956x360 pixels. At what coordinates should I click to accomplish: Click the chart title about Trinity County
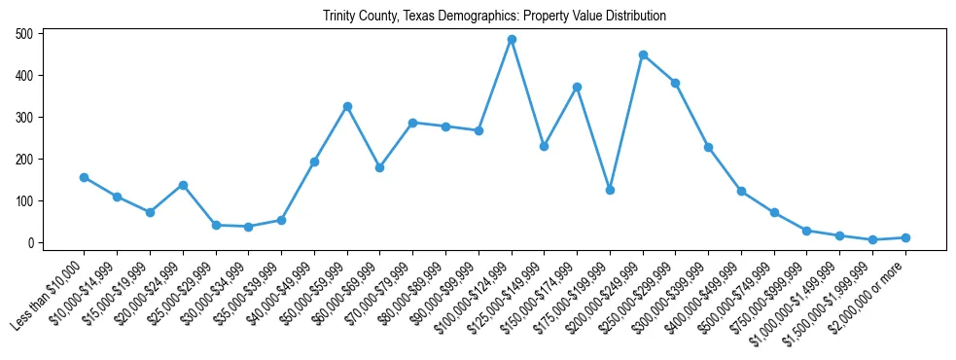[495, 17]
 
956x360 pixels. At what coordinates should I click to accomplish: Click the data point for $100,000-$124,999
[512, 40]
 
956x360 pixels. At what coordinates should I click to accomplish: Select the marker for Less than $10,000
[84, 177]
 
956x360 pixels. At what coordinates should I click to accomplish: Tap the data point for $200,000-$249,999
[643, 54]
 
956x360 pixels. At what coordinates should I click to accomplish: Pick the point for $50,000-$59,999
[347, 106]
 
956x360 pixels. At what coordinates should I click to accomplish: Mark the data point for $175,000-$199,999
[610, 190]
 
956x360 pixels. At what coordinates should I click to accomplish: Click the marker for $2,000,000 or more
[905, 237]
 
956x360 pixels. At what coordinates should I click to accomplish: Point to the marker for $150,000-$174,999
[577, 87]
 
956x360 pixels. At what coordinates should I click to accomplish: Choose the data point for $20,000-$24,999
[183, 185]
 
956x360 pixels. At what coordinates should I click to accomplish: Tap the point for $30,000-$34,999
[248, 227]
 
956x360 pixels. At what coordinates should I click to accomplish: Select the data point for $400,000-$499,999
[741, 191]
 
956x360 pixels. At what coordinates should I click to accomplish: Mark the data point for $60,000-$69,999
[379, 167]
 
